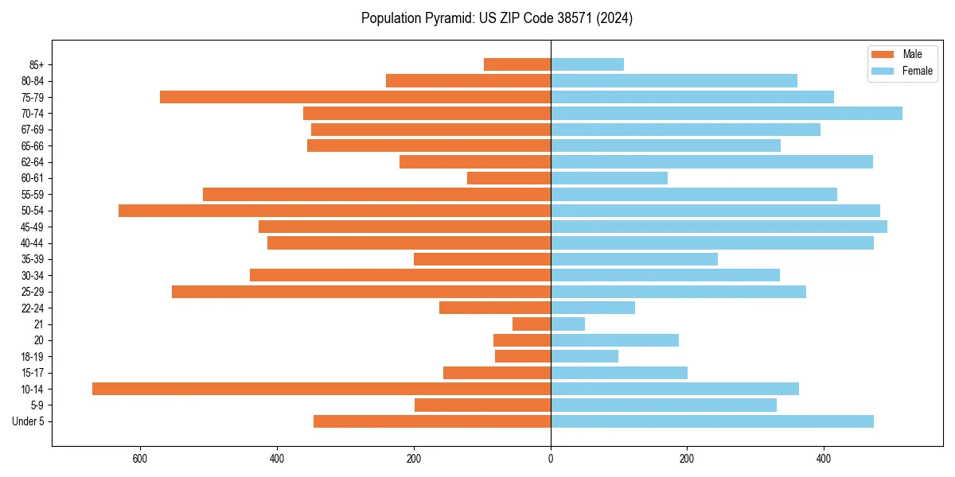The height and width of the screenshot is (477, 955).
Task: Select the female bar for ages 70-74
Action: pos(726,114)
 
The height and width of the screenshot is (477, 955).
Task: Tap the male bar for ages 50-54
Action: pos(334,211)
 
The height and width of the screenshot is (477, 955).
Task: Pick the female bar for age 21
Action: pos(567,324)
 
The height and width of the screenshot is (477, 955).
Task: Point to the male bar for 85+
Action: pos(517,64)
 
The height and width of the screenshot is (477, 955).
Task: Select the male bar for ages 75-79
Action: pos(355,97)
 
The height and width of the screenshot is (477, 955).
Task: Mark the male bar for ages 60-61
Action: pos(509,178)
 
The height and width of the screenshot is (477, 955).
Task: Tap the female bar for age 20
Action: pos(614,340)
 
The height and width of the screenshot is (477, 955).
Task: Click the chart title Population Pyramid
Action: pos(497,18)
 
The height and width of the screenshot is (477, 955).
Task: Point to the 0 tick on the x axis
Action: pos(551,459)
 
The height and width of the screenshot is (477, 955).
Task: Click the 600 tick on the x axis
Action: pos(140,459)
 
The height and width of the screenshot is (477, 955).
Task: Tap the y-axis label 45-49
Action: pos(33,227)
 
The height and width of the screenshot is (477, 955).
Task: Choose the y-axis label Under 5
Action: pos(28,421)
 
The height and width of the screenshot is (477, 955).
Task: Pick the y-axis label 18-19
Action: pos(33,357)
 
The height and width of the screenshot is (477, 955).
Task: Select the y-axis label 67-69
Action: pos(33,130)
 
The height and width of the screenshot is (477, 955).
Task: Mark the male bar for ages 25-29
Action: pos(361,292)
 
